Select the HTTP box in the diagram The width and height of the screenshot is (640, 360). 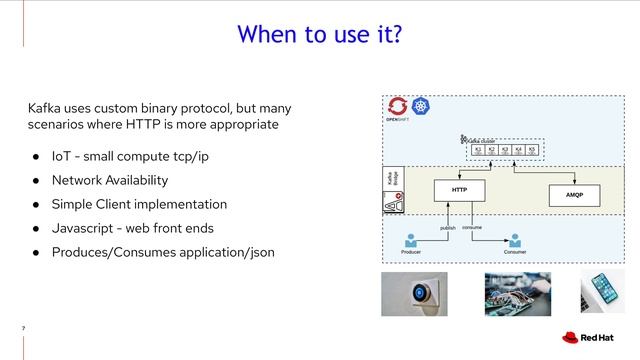pyautogui.click(x=460, y=189)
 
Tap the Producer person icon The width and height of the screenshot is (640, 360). pyautogui.click(x=410, y=241)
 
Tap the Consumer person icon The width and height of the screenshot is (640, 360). pyautogui.click(x=515, y=241)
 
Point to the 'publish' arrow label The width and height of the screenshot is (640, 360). pyautogui.click(x=449, y=228)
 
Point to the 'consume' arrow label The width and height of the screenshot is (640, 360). pyautogui.click(x=472, y=228)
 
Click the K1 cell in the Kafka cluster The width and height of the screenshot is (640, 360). pyautogui.click(x=478, y=150)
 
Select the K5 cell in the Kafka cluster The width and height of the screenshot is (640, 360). pyautogui.click(x=532, y=150)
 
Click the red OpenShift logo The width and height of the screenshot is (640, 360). pyautogui.click(x=398, y=105)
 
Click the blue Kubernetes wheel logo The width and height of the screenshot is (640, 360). pyautogui.click(x=420, y=105)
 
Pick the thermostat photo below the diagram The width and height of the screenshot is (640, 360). pyautogui.click(x=414, y=292)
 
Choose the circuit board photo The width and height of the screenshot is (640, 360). pyautogui.click(x=516, y=292)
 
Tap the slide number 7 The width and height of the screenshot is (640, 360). pyautogui.click(x=23, y=328)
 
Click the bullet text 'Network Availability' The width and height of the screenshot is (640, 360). pyautogui.click(x=110, y=180)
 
